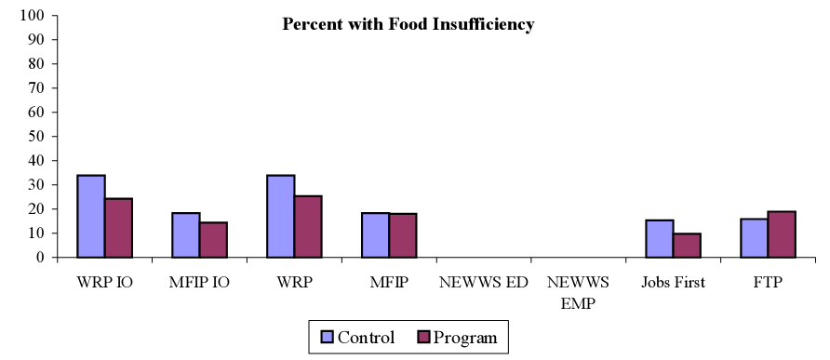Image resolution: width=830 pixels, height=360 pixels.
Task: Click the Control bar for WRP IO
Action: tap(91, 216)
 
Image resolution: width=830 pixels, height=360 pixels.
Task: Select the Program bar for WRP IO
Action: tap(118, 228)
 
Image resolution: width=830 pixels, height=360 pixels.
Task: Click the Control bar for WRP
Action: tap(281, 216)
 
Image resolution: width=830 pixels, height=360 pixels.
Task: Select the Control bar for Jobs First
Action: tap(660, 238)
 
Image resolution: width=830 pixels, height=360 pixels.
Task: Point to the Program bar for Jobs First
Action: tap(687, 245)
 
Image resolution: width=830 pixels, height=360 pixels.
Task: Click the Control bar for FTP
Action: tap(755, 237)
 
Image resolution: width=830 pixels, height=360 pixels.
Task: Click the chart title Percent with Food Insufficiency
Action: tap(408, 25)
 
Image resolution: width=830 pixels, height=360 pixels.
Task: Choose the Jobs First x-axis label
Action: tap(674, 283)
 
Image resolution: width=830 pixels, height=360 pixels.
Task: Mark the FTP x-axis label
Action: tap(769, 283)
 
